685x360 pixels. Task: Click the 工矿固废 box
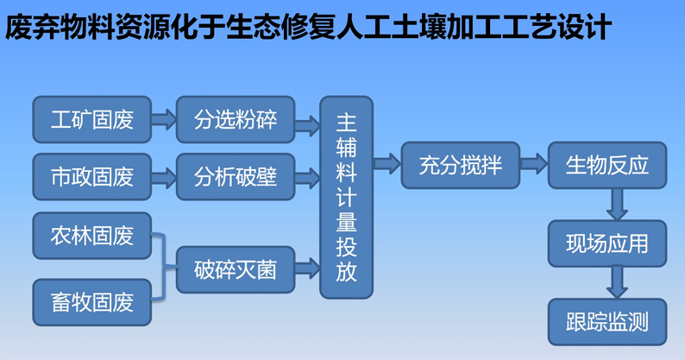[x=92, y=119]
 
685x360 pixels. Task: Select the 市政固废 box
[x=92, y=177]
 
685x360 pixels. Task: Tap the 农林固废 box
[x=92, y=236]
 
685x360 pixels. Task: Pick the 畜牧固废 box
[x=92, y=302]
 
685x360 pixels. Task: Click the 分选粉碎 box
[x=236, y=119]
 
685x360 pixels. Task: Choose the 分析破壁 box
[x=236, y=177]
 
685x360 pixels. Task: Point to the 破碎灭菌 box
[x=236, y=270]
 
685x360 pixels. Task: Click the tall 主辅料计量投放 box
[x=347, y=198]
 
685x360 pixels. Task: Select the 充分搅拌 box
[x=461, y=166]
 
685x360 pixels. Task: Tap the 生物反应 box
[x=607, y=166]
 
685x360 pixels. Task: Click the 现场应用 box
[x=607, y=243]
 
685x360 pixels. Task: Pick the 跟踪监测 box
[x=607, y=322]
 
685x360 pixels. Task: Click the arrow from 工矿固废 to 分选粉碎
[x=164, y=119]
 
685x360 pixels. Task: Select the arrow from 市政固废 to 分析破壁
[x=164, y=177]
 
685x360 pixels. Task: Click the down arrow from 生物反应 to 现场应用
[x=617, y=205]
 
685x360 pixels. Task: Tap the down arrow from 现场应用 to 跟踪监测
[x=617, y=282]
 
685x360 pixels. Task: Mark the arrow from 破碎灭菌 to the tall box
[x=307, y=268]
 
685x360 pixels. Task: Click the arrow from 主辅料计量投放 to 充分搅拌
[x=387, y=163]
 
